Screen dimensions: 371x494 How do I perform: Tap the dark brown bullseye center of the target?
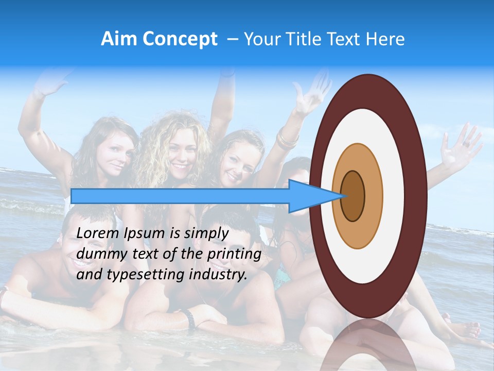353,196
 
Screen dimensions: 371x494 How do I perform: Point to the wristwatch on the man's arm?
189,319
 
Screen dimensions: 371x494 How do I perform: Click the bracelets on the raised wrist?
287,139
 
